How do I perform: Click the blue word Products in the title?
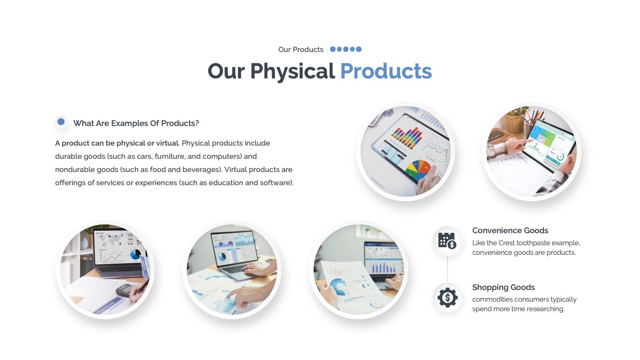[x=386, y=71]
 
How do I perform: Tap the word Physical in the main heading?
[x=292, y=72]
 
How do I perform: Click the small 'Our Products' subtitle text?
[x=301, y=50]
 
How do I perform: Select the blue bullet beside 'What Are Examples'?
[x=61, y=122]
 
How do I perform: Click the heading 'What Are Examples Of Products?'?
[x=136, y=123]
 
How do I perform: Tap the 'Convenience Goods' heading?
[x=510, y=230]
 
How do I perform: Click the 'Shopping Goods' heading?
[x=504, y=287]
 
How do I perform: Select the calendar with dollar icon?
[x=448, y=240]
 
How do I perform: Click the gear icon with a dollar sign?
[x=448, y=298]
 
